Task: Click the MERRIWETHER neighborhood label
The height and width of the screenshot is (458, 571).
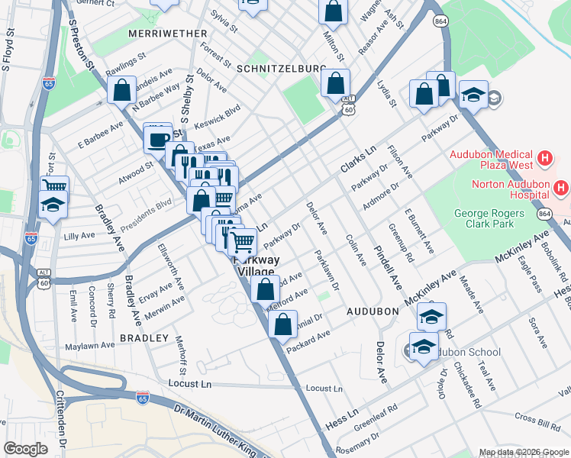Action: pyautogui.click(x=168, y=34)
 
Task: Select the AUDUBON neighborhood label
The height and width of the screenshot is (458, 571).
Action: pyautogui.click(x=373, y=311)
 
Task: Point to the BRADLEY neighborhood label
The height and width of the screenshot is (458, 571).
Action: pyautogui.click(x=144, y=337)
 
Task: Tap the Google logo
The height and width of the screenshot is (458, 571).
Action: pyautogui.click(x=26, y=449)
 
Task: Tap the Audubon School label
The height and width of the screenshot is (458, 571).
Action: pyautogui.click(x=464, y=352)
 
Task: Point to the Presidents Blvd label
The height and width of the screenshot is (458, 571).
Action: pyautogui.click(x=147, y=208)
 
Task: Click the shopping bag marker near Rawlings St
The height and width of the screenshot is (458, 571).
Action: pyautogui.click(x=122, y=91)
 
